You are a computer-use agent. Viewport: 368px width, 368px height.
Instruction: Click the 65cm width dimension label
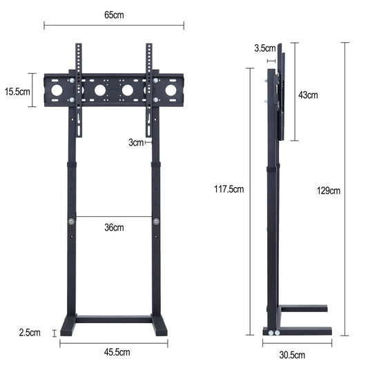click(x=114, y=14)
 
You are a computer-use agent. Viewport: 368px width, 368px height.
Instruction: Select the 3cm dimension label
click(x=136, y=143)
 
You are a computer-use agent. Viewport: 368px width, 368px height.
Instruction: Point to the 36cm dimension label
click(x=114, y=227)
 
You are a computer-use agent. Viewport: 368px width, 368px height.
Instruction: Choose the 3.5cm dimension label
click(x=264, y=48)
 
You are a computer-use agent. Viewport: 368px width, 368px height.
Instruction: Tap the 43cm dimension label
click(x=308, y=95)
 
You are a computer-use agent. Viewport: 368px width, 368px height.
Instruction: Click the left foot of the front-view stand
click(x=68, y=327)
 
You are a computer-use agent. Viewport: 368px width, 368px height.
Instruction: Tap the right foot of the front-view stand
click(x=159, y=327)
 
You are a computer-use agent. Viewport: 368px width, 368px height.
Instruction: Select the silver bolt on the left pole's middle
click(x=71, y=222)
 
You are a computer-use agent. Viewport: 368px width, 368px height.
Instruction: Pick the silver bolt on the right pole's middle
click(x=156, y=222)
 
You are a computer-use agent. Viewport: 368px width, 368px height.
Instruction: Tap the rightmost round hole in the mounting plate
click(x=171, y=90)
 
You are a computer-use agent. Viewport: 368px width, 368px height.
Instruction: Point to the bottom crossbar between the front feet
click(x=114, y=319)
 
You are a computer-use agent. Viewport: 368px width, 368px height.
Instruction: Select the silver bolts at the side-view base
click(x=274, y=332)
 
